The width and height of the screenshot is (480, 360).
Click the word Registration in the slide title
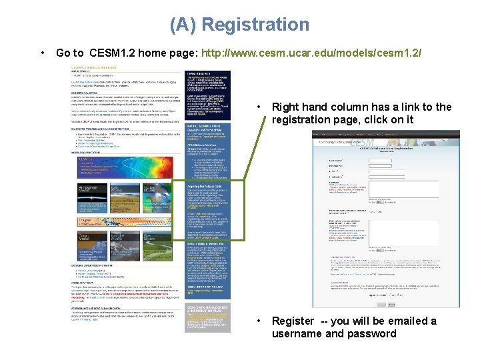(x=255, y=25)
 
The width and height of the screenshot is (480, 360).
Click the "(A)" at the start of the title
(x=183, y=25)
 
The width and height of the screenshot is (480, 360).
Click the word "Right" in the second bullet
(x=287, y=107)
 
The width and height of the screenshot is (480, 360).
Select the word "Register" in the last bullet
(x=292, y=321)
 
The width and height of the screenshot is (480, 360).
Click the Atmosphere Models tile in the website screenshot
(x=89, y=191)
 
